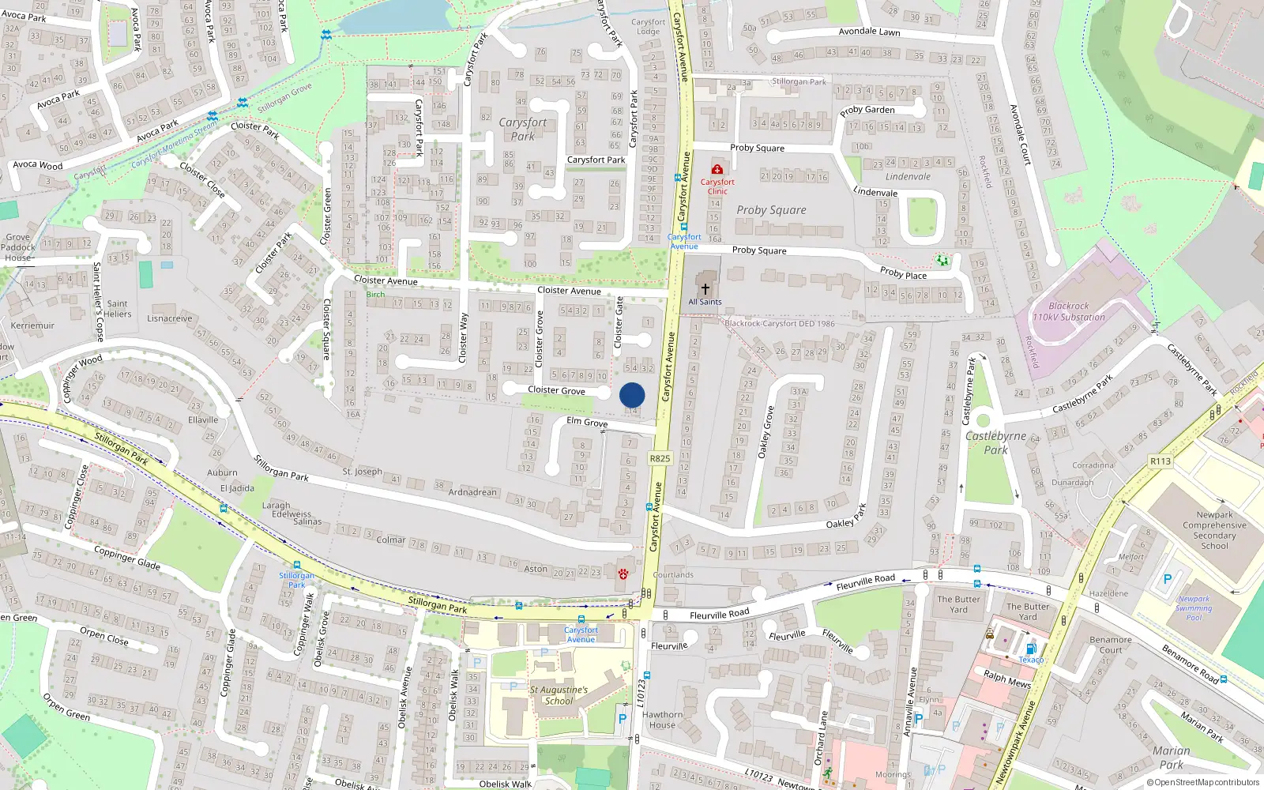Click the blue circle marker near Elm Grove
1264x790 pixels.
632,395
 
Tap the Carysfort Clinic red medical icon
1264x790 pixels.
717,169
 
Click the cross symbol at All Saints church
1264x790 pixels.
705,289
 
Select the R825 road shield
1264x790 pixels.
660,458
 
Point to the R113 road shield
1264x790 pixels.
1161,461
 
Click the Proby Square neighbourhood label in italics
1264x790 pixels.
771,210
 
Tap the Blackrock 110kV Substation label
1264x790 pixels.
1069,311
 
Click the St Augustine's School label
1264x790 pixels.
559,695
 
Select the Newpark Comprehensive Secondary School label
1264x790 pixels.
1214,530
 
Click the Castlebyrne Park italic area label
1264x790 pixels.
995,442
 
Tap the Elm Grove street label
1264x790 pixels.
587,422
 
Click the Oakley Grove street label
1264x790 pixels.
766,432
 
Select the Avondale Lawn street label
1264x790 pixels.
869,32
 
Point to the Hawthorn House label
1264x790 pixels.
662,720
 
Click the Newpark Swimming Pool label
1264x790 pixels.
1194,608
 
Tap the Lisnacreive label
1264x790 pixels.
169,319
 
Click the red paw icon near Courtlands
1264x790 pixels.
623,574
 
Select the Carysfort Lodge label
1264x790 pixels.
648,27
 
